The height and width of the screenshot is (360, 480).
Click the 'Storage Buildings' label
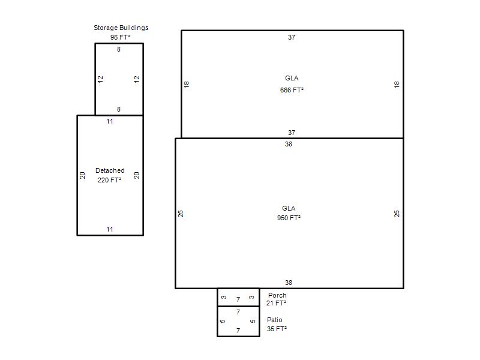[121, 28]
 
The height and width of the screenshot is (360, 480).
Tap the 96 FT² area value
[121, 37]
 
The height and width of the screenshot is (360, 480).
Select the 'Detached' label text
[110, 170]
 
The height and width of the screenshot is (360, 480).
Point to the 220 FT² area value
[109, 180]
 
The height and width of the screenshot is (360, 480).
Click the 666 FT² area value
[292, 90]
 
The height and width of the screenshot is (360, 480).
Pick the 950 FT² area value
[289, 218]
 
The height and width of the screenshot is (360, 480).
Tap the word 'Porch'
[277, 295]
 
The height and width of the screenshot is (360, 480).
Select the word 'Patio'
[275, 320]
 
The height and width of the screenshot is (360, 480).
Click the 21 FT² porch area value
[276, 303]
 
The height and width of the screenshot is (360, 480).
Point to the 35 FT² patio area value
[277, 329]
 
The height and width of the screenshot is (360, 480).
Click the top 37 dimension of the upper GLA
[292, 37]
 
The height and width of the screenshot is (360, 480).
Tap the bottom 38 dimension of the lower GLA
[289, 283]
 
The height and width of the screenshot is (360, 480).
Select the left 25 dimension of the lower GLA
[181, 214]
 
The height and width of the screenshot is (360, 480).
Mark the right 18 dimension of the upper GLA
[397, 85]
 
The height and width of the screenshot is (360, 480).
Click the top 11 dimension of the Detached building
[110, 122]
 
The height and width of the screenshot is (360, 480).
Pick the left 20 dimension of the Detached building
[82, 175]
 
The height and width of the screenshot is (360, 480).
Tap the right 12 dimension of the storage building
[137, 79]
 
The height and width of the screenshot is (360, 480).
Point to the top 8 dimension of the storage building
[119, 49]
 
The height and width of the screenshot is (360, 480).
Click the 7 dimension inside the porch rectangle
[238, 299]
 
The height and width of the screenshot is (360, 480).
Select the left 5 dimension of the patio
[223, 321]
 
